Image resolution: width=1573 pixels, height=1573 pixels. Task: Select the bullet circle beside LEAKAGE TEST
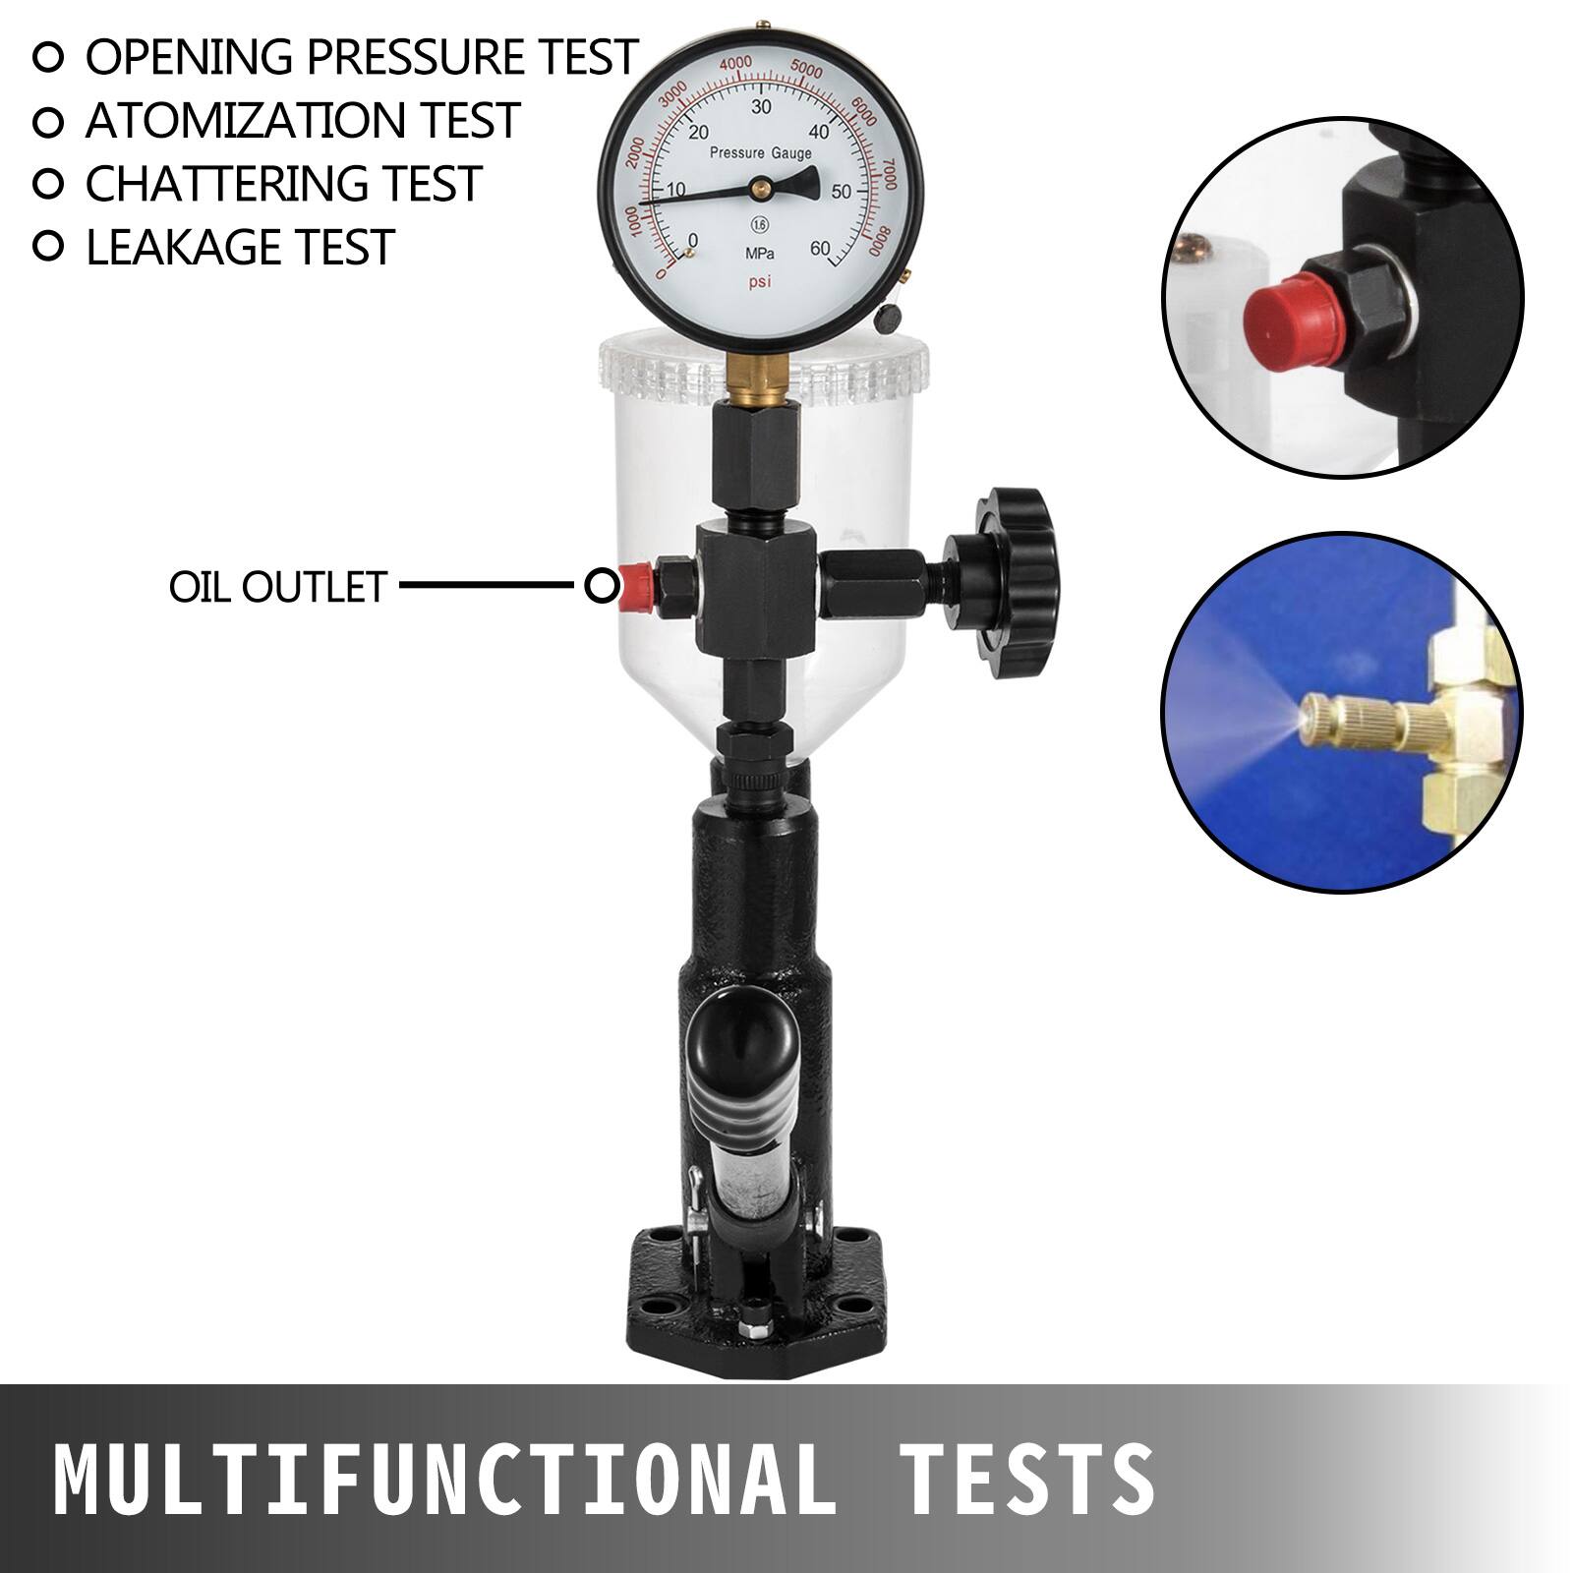[47, 247]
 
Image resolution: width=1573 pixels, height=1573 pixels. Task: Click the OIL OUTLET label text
[278, 587]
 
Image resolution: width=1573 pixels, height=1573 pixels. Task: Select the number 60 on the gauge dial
[819, 249]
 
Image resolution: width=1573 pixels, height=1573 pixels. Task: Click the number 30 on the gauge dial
[761, 107]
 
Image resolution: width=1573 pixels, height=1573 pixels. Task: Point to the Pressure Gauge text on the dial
[760, 153]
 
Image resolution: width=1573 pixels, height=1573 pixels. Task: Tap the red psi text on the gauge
[759, 282]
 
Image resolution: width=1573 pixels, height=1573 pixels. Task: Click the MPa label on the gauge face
[759, 254]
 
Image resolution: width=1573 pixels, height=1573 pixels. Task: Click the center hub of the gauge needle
[761, 186]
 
